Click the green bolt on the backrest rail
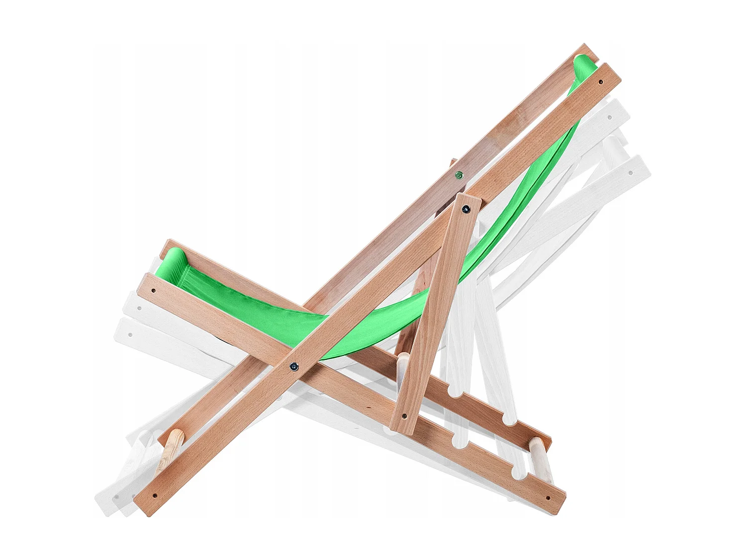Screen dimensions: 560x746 tap(458, 175)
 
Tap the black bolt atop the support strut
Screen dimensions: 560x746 tap(466, 209)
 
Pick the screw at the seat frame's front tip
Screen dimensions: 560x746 tap(154, 289)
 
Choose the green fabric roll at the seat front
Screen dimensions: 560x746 tap(172, 259)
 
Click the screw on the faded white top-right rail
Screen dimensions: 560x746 tap(630, 173)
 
